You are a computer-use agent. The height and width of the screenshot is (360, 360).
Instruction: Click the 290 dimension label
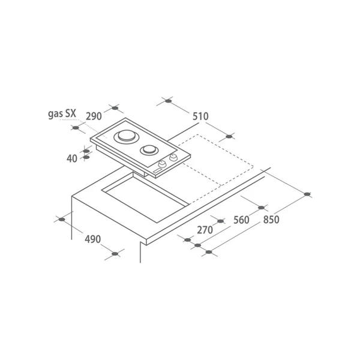94,116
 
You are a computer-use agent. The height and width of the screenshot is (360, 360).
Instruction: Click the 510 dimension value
200,116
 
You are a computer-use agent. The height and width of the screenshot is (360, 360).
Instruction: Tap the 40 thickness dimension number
72,158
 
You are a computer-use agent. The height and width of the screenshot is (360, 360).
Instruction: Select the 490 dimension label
93,239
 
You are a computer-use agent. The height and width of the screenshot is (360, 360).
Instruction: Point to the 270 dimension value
205,230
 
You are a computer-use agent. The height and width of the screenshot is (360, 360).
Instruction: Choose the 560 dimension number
241,220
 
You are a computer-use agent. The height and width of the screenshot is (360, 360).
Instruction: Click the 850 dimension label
271,220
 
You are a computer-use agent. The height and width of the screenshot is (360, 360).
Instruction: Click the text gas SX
62,114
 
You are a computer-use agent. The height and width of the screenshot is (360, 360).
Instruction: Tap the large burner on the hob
127,137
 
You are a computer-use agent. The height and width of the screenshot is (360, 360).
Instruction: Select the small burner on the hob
149,150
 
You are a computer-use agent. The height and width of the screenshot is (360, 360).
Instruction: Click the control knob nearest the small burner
173,157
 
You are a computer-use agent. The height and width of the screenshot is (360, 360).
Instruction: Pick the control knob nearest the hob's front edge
163,164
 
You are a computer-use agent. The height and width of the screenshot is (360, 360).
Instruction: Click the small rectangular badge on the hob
157,171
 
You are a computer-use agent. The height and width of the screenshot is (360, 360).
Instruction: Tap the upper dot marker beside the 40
86,151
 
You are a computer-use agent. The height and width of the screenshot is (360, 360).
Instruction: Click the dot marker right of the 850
307,194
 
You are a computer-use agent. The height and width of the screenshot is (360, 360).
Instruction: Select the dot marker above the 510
168,101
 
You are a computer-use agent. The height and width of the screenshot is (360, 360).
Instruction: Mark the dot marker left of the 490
62,220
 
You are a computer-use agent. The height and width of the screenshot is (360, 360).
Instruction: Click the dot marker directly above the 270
220,221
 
